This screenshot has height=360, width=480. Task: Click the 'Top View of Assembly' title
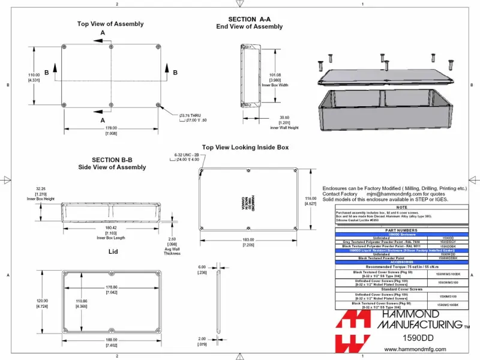110,24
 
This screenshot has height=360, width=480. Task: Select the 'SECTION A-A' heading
250,19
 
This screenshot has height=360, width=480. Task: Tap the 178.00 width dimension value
110,128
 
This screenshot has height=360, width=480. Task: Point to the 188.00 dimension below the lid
110,340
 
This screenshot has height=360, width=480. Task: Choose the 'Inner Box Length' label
110,238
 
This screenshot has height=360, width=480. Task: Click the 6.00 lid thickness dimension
202,267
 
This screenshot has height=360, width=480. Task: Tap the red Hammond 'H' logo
354,333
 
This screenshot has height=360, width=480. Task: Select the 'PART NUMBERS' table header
401,230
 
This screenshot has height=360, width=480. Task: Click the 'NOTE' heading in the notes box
401,207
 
